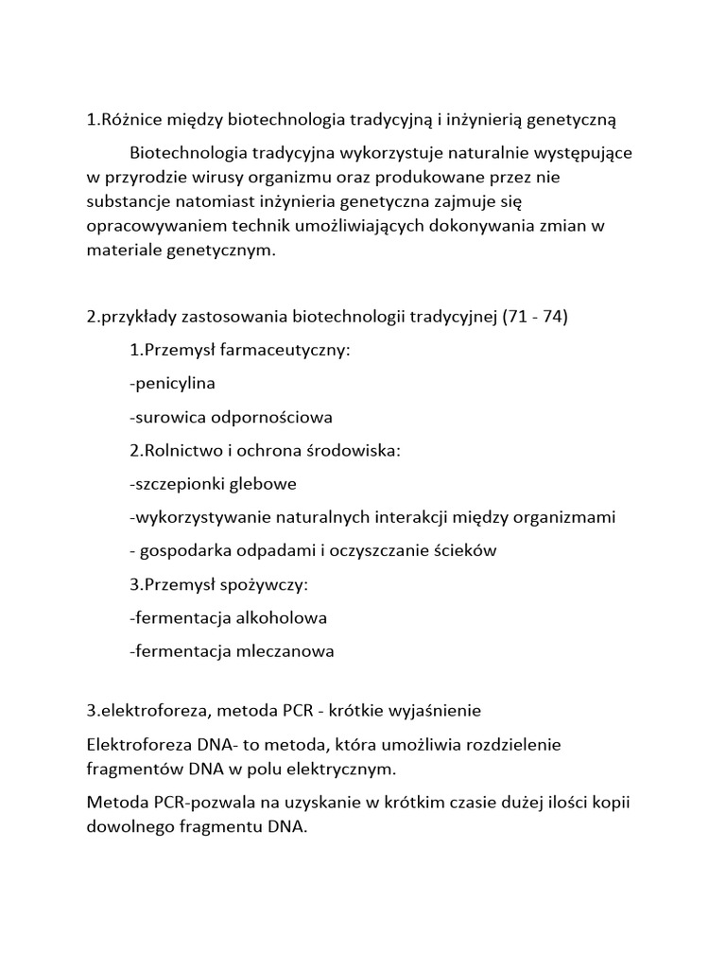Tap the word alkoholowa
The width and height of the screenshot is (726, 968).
[274, 617]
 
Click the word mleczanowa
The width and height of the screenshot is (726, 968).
[279, 651]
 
